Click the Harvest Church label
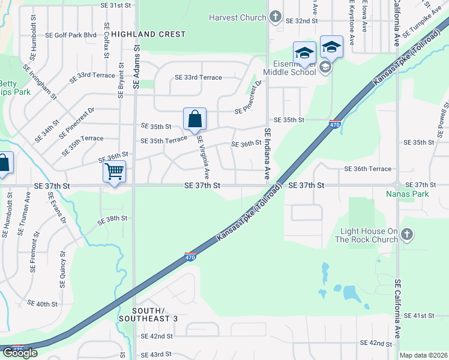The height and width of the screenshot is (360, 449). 237,17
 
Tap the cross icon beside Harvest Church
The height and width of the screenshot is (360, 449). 275,16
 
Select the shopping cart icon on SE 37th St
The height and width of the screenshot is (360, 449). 114,172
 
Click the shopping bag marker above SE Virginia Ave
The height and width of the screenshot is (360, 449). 195,119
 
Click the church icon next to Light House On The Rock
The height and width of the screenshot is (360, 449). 407,235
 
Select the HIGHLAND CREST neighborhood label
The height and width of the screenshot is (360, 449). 148,34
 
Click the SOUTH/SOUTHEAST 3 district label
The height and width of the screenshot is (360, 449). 148,314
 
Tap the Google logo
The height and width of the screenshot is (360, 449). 20,352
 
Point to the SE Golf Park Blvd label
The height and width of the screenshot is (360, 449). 71,35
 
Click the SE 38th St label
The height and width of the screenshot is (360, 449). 113,219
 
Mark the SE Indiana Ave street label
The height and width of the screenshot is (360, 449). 267,154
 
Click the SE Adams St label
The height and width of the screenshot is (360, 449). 136,67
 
